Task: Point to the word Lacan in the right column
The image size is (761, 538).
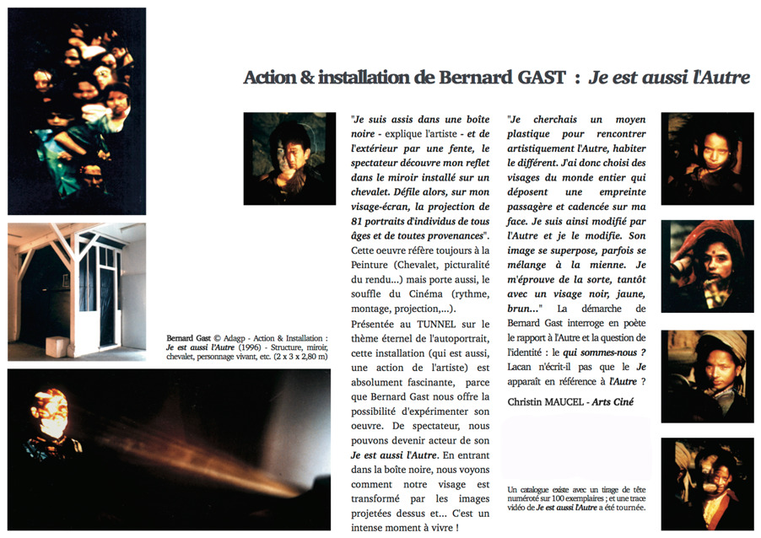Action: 526,368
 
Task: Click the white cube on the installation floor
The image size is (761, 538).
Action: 58,345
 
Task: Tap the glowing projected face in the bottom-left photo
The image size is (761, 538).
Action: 53,413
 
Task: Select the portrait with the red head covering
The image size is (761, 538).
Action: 706,265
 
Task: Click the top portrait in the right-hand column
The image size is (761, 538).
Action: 706,159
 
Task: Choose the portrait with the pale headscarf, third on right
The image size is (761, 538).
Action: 706,375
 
